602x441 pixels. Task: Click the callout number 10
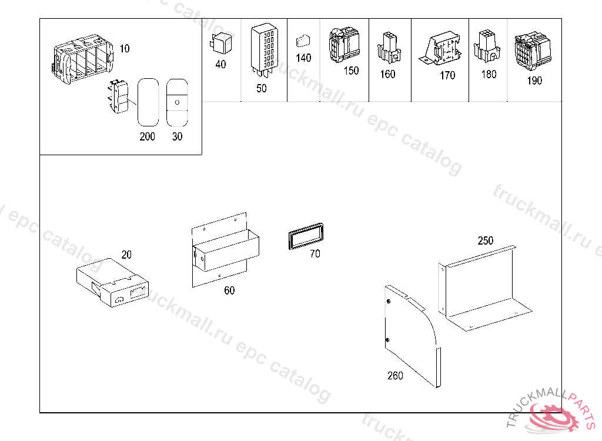(x=125, y=49)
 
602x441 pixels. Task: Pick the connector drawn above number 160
(x=388, y=47)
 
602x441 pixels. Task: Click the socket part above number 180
(x=487, y=46)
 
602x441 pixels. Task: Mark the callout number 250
(x=486, y=241)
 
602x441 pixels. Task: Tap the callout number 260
(x=395, y=376)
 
